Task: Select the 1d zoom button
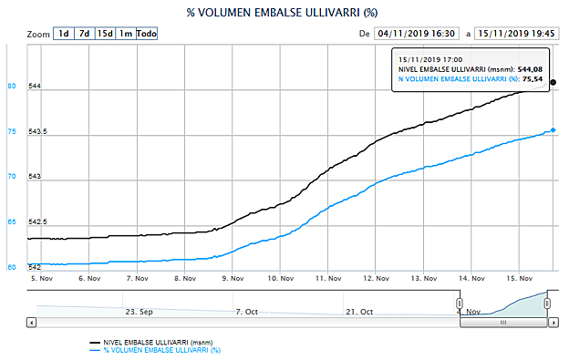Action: [63, 34]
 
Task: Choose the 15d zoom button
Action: [105, 34]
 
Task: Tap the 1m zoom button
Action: [126, 34]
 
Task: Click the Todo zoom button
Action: [147, 34]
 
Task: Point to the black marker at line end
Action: [553, 82]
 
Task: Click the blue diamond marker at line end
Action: [553, 130]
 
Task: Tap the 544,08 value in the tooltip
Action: [531, 69]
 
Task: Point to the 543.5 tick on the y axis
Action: [39, 132]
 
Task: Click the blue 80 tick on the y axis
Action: [13, 87]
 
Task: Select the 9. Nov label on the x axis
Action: [233, 279]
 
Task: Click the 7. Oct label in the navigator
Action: [247, 311]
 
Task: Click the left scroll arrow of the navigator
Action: [33, 322]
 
